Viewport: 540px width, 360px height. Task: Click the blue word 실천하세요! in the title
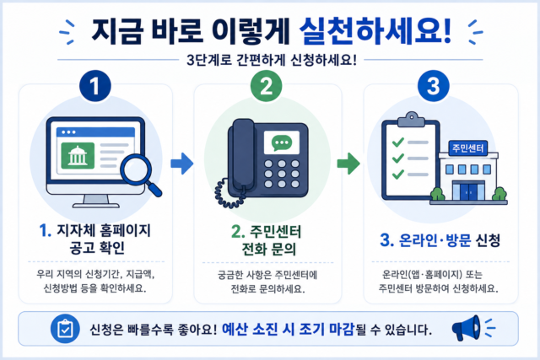375,30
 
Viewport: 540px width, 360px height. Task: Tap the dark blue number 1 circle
95,86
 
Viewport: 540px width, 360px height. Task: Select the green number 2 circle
267,86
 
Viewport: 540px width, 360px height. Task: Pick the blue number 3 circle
433,86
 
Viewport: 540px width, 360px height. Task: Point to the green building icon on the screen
78,156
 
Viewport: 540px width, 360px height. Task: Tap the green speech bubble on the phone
282,142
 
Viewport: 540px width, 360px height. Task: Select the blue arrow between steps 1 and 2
182,164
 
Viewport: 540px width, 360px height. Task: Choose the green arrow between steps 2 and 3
348,164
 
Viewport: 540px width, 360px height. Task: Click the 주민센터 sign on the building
467,148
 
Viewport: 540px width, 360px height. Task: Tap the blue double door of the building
469,191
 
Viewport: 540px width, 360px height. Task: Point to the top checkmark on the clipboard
398,142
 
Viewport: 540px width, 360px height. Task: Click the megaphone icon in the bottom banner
467,328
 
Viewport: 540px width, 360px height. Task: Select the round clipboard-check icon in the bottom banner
65,329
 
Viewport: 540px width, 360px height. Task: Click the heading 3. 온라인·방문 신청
440,240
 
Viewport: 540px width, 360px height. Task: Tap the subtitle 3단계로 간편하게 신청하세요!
272,60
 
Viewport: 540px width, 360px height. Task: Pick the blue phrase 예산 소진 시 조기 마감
288,330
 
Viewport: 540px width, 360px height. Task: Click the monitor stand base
95,206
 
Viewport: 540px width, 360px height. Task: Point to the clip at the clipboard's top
411,120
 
